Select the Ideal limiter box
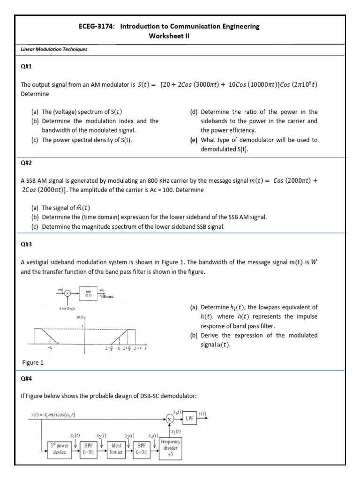tap(116, 449)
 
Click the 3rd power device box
tap(59, 449)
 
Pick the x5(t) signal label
tap(176, 431)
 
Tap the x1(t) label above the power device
tap(75, 435)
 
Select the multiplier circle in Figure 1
tap(67, 293)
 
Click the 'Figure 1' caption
tap(35, 362)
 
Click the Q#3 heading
tap(27, 244)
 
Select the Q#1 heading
tap(27, 66)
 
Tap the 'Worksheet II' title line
tap(169, 36)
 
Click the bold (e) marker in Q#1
tap(194, 140)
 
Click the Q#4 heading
tap(27, 378)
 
